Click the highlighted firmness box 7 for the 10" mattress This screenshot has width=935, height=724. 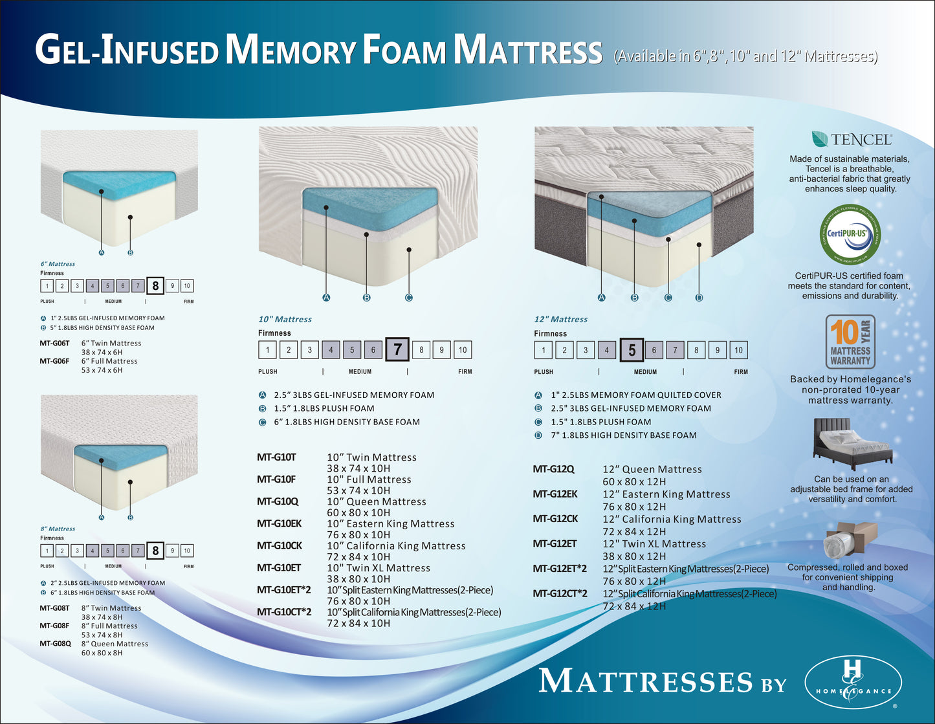(397, 350)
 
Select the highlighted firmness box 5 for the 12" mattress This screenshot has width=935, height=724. (632, 350)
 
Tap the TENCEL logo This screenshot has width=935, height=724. (851, 139)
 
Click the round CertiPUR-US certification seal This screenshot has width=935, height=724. (850, 234)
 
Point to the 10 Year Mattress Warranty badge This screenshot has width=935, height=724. (850, 342)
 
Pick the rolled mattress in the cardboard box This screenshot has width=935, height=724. (850, 540)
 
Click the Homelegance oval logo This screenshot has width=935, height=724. (853, 683)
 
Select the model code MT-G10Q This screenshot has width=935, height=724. (278, 501)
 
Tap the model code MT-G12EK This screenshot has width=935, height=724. (555, 494)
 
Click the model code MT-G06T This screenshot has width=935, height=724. (54, 344)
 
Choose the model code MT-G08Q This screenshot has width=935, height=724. (55, 644)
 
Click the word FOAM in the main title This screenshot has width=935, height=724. (404, 50)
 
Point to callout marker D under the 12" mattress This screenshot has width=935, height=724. (699, 298)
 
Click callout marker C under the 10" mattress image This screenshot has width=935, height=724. (408, 298)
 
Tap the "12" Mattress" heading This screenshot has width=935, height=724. (560, 319)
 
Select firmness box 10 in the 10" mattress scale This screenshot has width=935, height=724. (463, 350)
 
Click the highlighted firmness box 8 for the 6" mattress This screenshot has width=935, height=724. (155, 285)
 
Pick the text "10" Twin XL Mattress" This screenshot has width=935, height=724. (378, 568)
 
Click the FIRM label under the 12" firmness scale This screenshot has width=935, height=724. (741, 372)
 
